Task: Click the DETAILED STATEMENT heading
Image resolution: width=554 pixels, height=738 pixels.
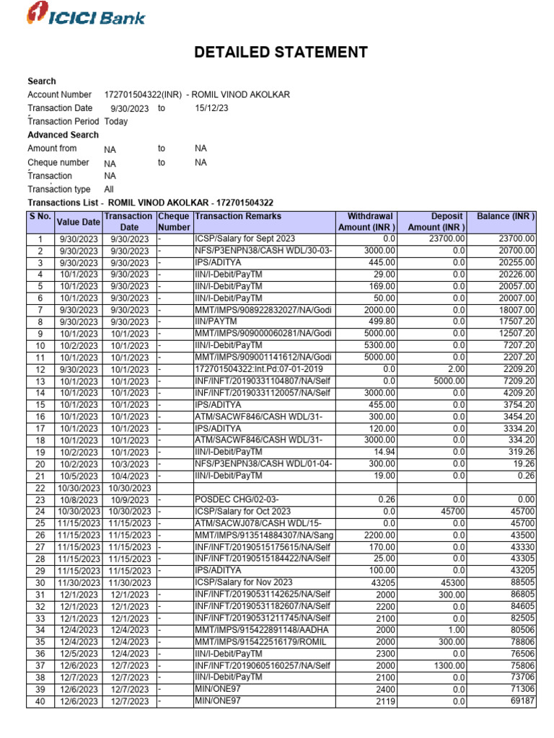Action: click(281, 53)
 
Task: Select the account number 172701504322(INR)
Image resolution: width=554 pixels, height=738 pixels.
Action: click(143, 94)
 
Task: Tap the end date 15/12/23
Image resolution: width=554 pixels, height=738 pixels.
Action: click(211, 108)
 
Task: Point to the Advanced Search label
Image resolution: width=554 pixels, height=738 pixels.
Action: click(63, 135)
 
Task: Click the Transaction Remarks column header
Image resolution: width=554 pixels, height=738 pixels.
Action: click(238, 216)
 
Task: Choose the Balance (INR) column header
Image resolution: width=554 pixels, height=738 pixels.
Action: click(506, 216)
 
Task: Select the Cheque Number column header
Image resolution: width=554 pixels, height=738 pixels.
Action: click(173, 221)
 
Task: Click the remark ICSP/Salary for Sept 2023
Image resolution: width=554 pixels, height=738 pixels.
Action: click(245, 239)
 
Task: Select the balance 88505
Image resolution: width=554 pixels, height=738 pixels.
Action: click(520, 582)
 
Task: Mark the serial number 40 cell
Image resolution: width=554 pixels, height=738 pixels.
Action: click(40, 701)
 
